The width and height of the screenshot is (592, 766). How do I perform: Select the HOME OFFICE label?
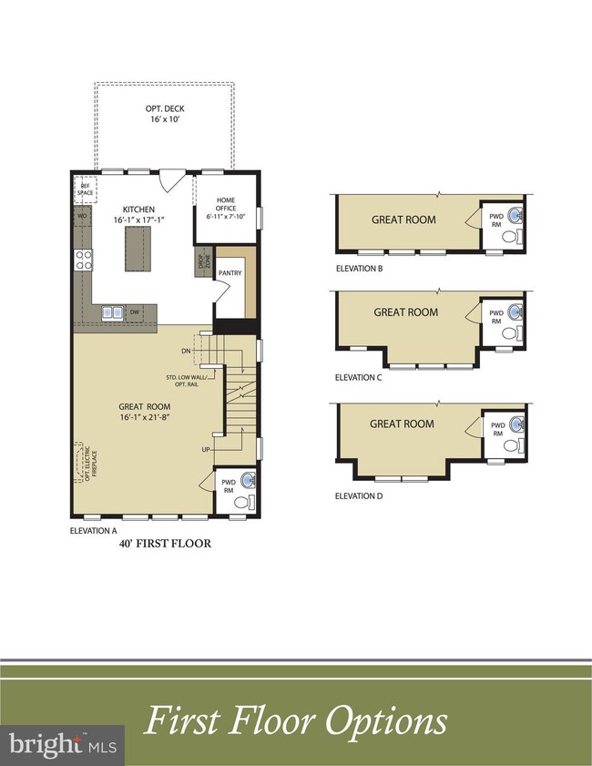pos(226,206)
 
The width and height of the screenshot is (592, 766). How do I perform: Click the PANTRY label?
pos(229,272)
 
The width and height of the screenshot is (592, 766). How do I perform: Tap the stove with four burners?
pos(84,260)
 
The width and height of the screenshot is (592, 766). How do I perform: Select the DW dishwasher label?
pos(135,312)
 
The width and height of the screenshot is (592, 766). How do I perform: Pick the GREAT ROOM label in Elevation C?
pos(405,312)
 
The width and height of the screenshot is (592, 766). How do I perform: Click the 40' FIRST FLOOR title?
pos(165,544)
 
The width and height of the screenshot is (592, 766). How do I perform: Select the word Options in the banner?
pos(383,721)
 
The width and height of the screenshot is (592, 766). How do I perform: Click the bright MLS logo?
pos(62,745)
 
